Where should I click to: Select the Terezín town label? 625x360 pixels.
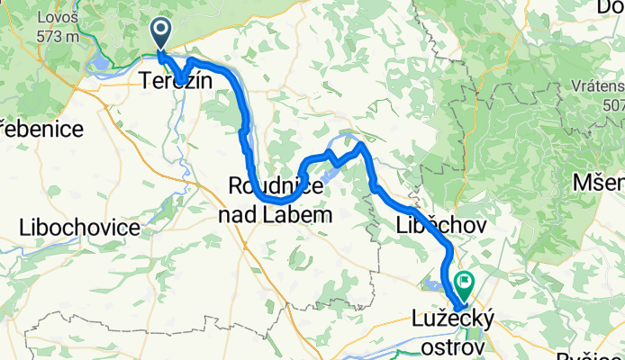[177, 80]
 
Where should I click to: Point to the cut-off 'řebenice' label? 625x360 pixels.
[42, 129]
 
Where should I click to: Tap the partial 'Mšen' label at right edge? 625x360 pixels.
[599, 183]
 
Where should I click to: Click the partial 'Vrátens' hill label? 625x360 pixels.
[595, 86]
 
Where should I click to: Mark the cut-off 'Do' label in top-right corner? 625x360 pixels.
[611, 8]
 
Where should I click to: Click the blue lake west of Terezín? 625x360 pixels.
[101, 63]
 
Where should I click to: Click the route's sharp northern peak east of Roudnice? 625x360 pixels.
[361, 144]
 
